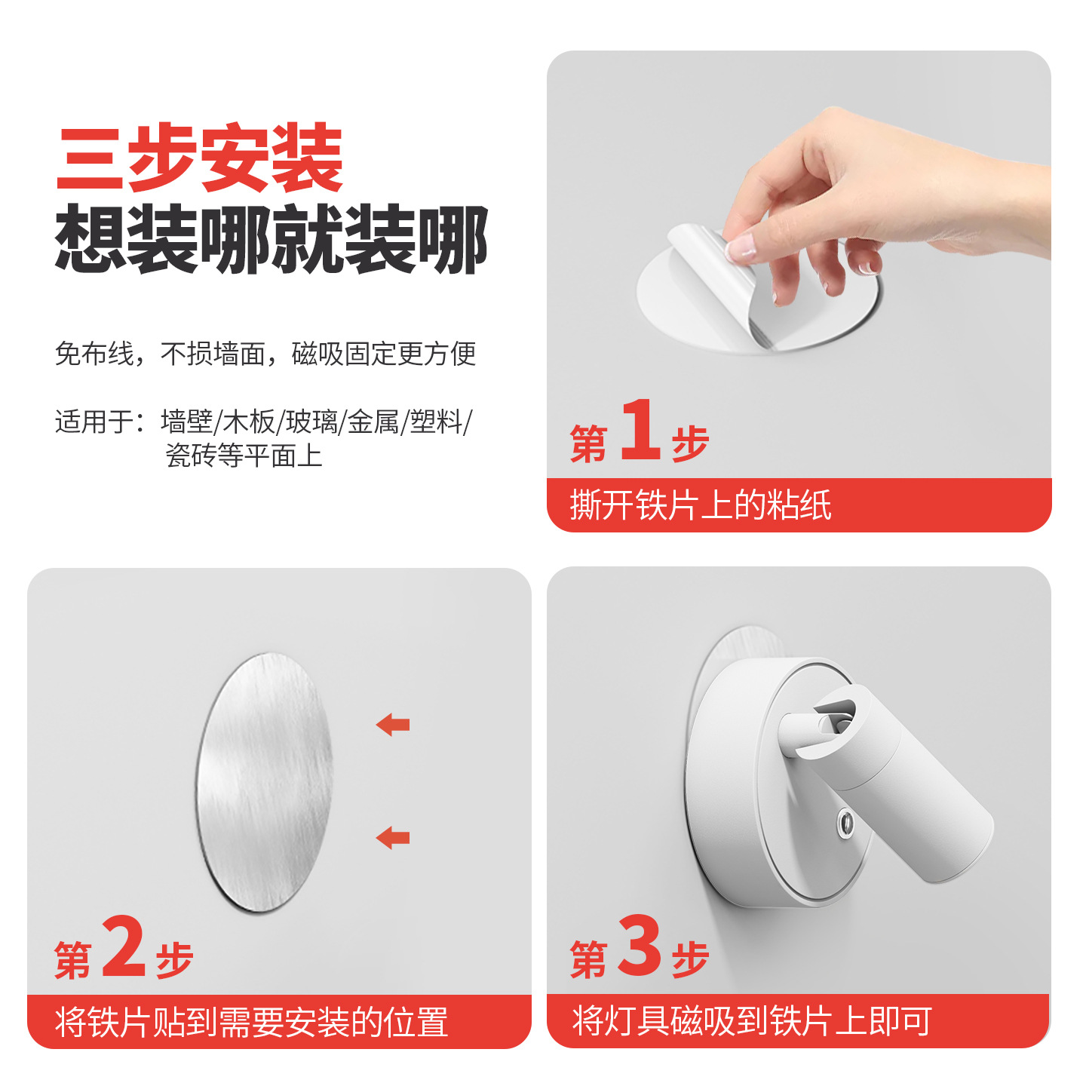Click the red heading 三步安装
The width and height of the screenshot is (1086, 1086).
coord(200,158)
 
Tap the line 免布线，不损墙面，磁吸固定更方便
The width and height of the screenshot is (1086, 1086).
coord(265,354)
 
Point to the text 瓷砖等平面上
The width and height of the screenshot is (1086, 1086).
coord(244,456)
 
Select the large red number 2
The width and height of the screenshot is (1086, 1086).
coord(124,946)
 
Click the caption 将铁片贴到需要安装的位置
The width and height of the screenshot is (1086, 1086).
coord(251,1023)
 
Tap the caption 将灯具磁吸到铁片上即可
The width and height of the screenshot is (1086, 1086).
coord(752,1022)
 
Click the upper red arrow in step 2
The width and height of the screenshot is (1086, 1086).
coord(393,725)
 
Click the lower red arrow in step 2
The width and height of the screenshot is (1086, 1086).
coord(393,837)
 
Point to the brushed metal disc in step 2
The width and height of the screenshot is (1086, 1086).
coord(264,783)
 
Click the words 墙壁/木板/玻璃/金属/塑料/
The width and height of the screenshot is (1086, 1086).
coord(316,422)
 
